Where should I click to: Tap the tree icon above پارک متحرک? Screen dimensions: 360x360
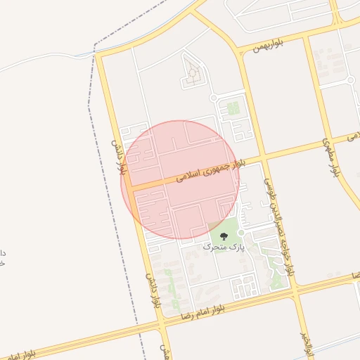pos(224,236)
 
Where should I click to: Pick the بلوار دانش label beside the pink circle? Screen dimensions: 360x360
pos(120,157)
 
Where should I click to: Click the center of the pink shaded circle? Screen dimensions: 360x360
pos(180,180)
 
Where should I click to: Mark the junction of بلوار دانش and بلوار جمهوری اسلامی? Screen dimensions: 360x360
pos(128,188)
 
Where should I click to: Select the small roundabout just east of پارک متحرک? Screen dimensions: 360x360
pos(240,233)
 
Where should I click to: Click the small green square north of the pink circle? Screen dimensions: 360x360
pos(233,108)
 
